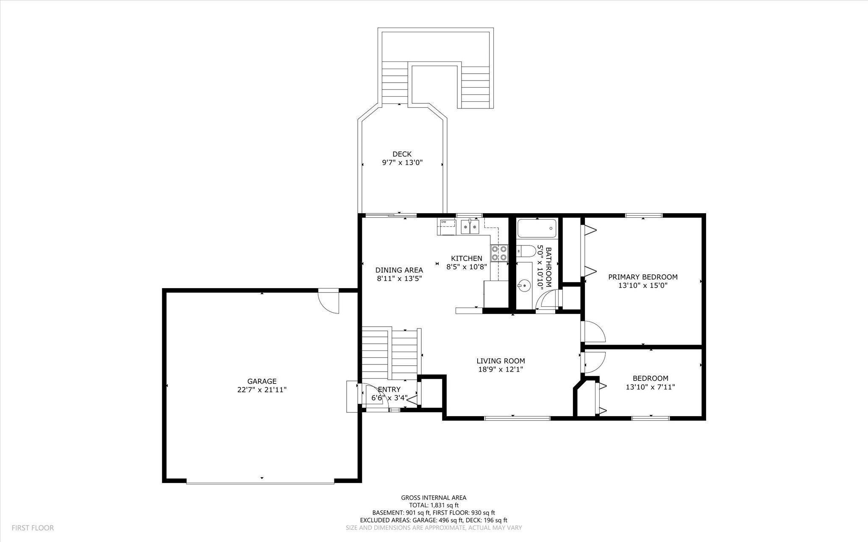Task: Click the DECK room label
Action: [x=402, y=154]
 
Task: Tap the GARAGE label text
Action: [x=262, y=381]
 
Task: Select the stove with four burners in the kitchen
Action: [x=499, y=253]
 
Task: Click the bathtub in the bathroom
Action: [x=537, y=228]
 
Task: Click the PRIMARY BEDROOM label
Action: [x=643, y=277]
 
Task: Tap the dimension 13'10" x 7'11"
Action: [x=651, y=387]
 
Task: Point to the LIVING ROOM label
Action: [x=501, y=361]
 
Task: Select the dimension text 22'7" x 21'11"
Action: [x=262, y=390]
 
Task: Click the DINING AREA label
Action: [x=399, y=270]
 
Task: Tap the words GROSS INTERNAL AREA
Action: [x=434, y=498]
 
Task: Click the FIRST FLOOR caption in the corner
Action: [x=33, y=528]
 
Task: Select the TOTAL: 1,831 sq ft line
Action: [x=434, y=505]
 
